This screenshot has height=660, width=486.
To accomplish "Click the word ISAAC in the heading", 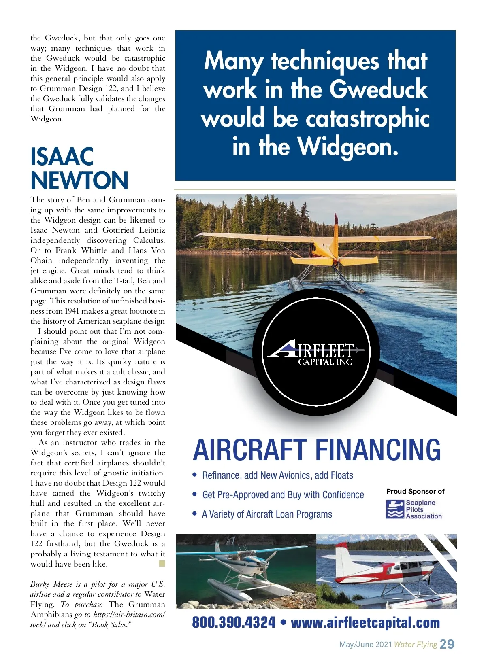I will pyautogui.click(x=62, y=157).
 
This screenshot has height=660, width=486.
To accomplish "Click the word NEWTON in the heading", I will pyautogui.click(x=79, y=180).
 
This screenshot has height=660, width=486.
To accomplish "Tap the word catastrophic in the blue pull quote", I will pyautogui.click(x=367, y=119).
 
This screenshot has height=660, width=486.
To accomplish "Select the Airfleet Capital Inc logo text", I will pyautogui.click(x=316, y=354).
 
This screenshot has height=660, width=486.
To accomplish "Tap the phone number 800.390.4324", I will pyautogui.click(x=234, y=622).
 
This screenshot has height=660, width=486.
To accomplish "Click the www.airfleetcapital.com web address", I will pyautogui.click(x=365, y=622).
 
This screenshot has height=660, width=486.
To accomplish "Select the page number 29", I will pyautogui.click(x=447, y=644).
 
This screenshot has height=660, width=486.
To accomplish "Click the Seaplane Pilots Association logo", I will pyautogui.click(x=414, y=509).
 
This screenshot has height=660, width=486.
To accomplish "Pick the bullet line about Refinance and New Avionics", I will pyautogui.click(x=277, y=475).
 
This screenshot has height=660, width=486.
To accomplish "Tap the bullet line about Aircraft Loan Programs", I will pyautogui.click(x=267, y=514).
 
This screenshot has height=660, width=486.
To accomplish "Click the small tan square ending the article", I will pyautogui.click(x=162, y=563).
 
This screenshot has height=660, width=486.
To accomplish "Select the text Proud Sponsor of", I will pyautogui.click(x=415, y=491).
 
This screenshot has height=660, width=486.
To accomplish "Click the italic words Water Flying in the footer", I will pyautogui.click(x=416, y=645).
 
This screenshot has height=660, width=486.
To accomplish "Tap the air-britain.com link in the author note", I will pyautogui.click(x=129, y=615).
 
